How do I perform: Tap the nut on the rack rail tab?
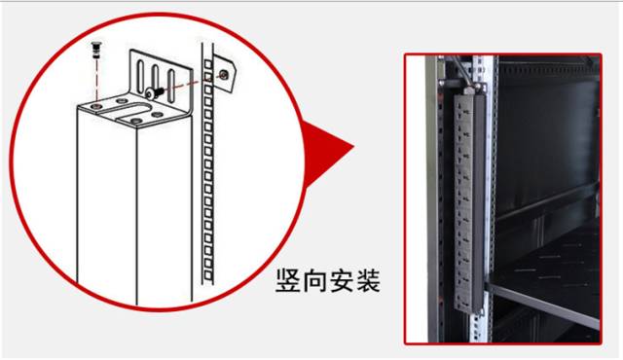pyautogui.click(x=224, y=74)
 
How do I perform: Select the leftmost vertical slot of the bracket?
pyautogui.click(x=140, y=75)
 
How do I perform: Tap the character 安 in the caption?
pyautogui.click(x=340, y=283)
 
